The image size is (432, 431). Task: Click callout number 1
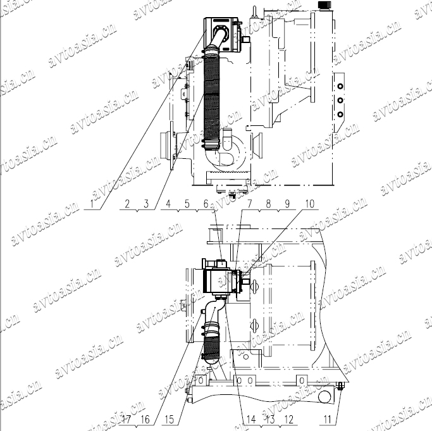(92, 204)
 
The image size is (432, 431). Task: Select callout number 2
(127, 204)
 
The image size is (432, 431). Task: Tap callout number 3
(146, 204)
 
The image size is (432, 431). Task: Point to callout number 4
(168, 204)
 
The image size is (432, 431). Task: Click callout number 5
(187, 204)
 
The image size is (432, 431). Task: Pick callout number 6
(206, 204)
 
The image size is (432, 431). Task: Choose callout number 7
(249, 204)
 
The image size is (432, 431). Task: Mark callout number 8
(268, 204)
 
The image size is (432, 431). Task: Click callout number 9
(287, 204)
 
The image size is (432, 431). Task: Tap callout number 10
(310, 204)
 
